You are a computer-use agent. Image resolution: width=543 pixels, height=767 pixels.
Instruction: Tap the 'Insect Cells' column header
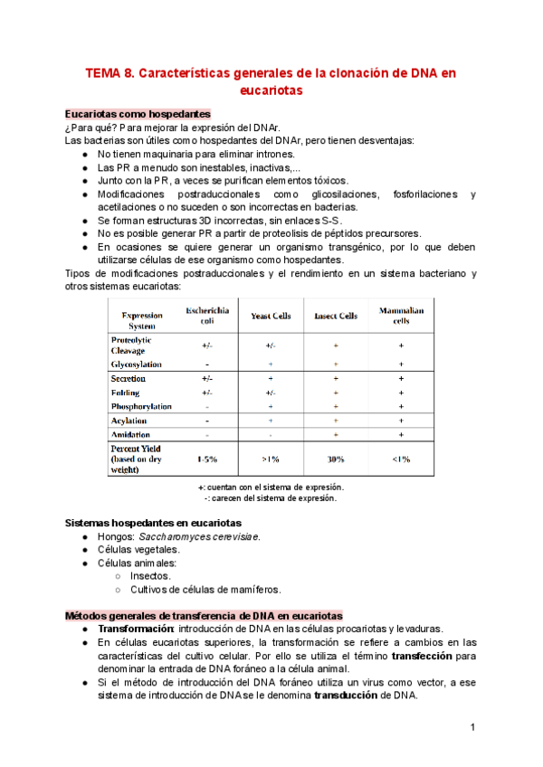[x=335, y=317]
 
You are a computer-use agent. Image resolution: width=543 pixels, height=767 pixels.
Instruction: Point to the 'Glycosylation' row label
[x=136, y=364]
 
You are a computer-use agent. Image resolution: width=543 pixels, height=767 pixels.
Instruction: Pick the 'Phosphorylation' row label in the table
[x=140, y=407]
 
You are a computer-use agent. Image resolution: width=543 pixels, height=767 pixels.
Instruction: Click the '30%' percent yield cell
[x=335, y=459]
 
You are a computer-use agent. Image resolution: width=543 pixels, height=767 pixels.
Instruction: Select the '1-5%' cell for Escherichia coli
[x=207, y=459]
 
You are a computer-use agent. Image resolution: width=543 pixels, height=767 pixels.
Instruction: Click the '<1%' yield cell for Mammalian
[x=401, y=459]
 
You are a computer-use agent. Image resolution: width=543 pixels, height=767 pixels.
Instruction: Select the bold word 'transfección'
[x=431, y=655]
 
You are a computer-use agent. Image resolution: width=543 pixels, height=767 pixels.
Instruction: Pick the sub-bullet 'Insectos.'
[x=150, y=575]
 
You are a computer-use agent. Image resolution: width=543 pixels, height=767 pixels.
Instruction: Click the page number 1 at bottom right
[x=472, y=728]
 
